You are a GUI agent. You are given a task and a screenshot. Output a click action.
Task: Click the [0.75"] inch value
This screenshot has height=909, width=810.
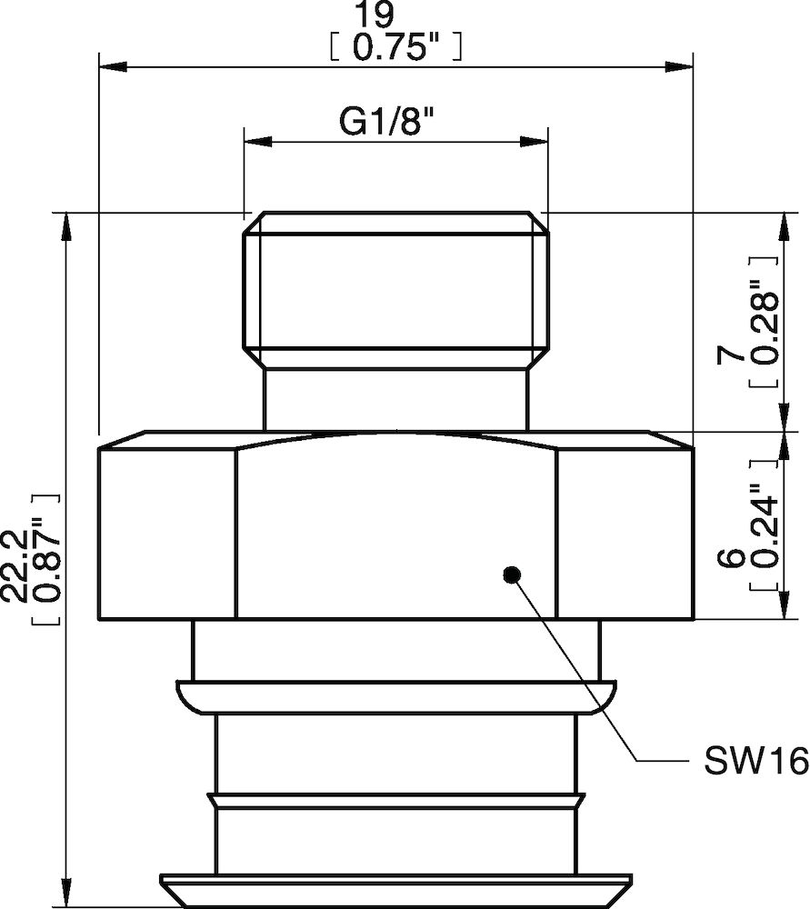(395, 48)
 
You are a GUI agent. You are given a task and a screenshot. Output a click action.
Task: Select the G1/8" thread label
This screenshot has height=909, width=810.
(384, 123)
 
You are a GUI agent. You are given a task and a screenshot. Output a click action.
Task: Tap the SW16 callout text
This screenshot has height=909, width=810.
(755, 762)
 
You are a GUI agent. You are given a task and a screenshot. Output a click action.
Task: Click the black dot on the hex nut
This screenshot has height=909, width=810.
(512, 574)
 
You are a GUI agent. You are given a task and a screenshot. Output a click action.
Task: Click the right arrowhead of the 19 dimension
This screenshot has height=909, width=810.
(682, 66)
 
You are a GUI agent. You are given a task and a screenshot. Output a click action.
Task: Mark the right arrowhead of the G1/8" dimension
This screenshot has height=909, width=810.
(535, 140)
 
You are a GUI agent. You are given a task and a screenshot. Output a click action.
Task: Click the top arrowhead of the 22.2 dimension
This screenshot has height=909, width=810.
(66, 226)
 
